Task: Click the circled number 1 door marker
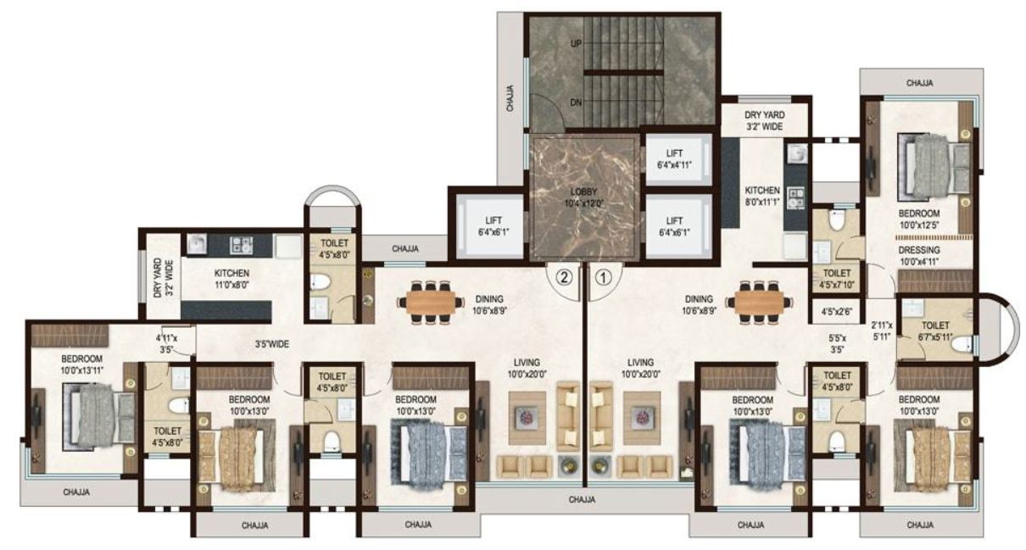click(603, 275)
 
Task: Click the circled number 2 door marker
click(565, 275)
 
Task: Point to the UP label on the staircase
click(576, 42)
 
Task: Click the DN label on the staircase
click(576, 103)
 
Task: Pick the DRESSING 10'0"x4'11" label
click(919, 255)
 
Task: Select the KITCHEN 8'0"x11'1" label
click(761, 197)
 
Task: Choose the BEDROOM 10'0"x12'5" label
click(919, 219)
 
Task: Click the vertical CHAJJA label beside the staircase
click(510, 97)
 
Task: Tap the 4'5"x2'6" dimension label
click(836, 311)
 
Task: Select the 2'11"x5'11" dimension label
click(882, 329)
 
